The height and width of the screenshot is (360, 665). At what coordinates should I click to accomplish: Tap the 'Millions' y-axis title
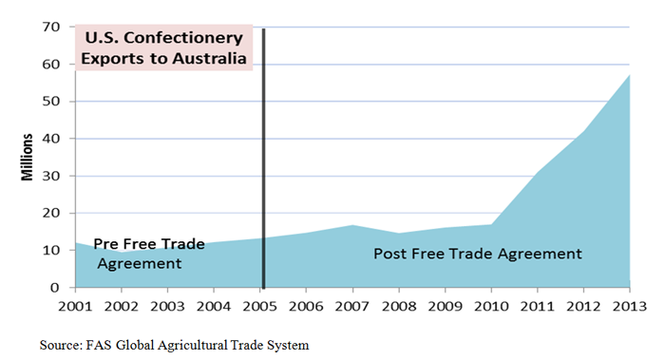tap(28, 158)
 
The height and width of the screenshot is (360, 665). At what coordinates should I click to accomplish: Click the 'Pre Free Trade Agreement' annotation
tap(148, 253)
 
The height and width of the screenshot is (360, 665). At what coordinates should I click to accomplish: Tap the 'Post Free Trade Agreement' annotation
tap(476, 254)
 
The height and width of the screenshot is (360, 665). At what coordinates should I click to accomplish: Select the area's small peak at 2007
tap(353, 225)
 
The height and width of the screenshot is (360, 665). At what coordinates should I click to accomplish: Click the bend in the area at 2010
tap(490, 224)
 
